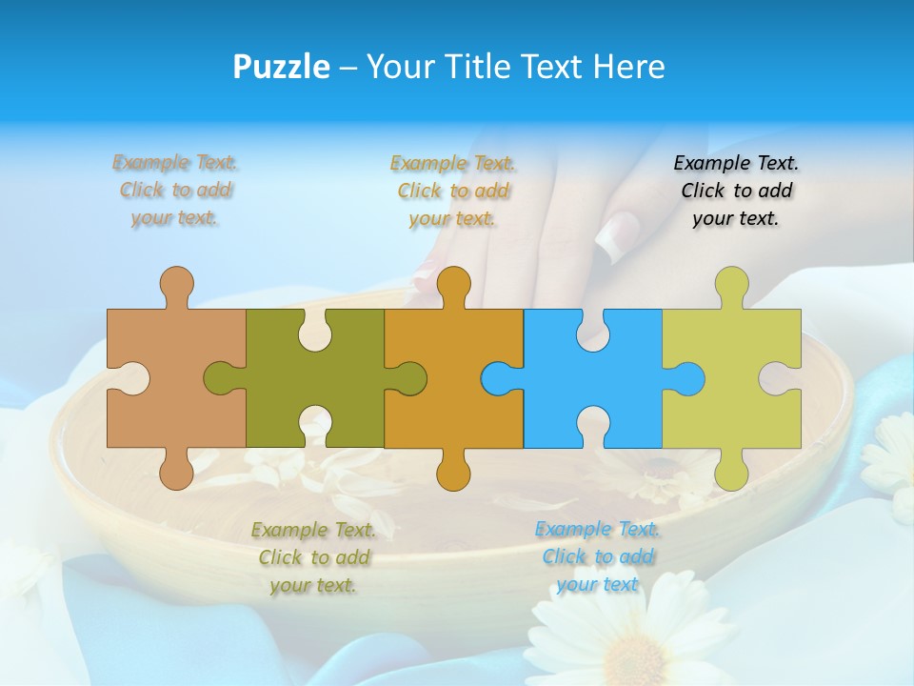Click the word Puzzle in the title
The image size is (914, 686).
[x=282, y=68]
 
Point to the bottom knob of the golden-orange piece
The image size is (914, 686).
[x=453, y=473]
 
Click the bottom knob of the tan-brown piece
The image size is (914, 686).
[x=176, y=473]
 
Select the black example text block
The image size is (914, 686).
[x=736, y=191]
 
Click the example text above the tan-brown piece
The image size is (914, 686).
[x=175, y=191]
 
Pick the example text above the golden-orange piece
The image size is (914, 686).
[x=453, y=191]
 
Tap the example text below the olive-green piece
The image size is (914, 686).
[x=314, y=557]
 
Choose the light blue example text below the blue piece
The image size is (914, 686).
[x=598, y=557]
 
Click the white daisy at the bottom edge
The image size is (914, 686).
[x=628, y=638]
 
